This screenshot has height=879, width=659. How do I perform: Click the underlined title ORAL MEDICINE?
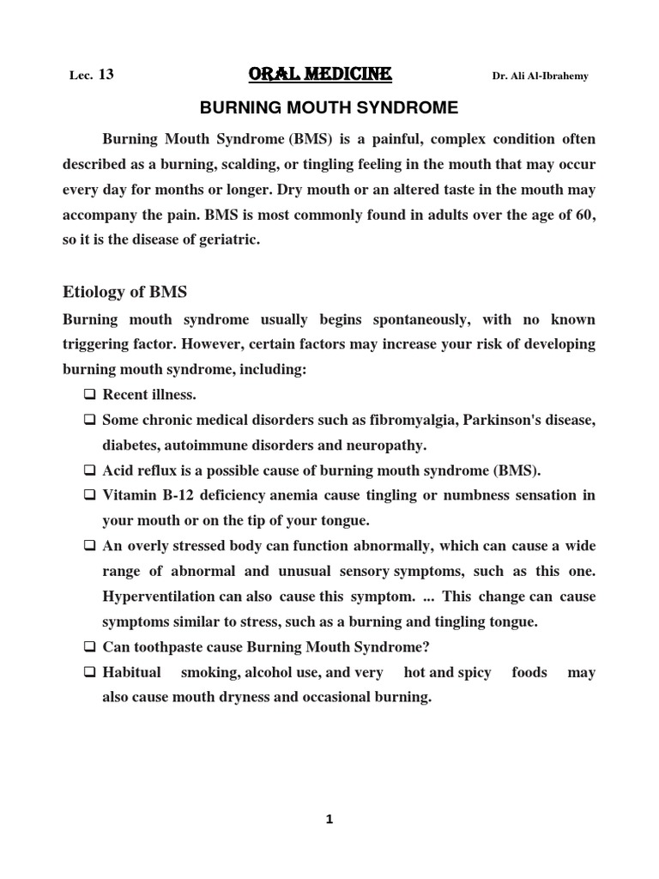[x=319, y=76]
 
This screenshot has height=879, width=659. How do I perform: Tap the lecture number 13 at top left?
[x=106, y=76]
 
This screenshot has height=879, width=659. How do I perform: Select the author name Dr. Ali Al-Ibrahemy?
[x=540, y=76]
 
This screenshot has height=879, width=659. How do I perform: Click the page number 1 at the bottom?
[x=329, y=820]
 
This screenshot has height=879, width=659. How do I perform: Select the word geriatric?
[x=226, y=239]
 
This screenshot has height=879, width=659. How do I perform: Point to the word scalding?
[x=254, y=164]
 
